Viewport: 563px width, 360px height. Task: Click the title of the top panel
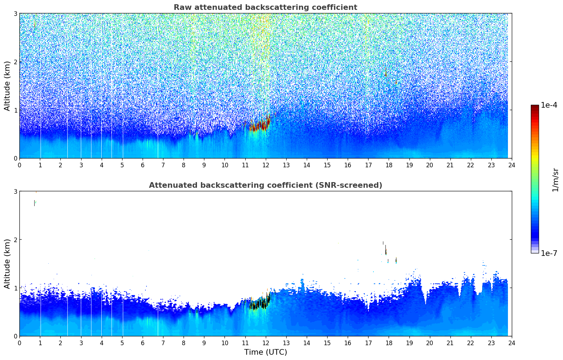(265, 7)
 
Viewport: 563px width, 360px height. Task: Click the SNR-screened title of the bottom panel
(265, 185)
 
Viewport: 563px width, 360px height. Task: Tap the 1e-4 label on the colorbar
(549, 105)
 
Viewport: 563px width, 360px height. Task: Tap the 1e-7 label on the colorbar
(549, 253)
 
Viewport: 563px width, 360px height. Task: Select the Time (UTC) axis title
(265, 352)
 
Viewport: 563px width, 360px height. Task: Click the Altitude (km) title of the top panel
(7, 86)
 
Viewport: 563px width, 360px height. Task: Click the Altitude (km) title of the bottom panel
(7, 264)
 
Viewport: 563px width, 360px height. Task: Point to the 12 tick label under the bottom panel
(265, 343)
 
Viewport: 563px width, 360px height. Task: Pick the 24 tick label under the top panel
(511, 165)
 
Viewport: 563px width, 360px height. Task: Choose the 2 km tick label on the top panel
(16, 62)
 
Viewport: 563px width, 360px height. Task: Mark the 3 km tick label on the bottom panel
(16, 191)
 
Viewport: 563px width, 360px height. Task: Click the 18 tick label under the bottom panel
(389, 343)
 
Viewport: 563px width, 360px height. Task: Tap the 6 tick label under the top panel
(143, 165)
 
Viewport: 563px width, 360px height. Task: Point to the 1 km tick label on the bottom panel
(16, 288)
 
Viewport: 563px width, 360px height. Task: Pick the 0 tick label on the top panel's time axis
(19, 165)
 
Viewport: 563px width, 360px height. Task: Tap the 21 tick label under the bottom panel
(450, 343)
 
